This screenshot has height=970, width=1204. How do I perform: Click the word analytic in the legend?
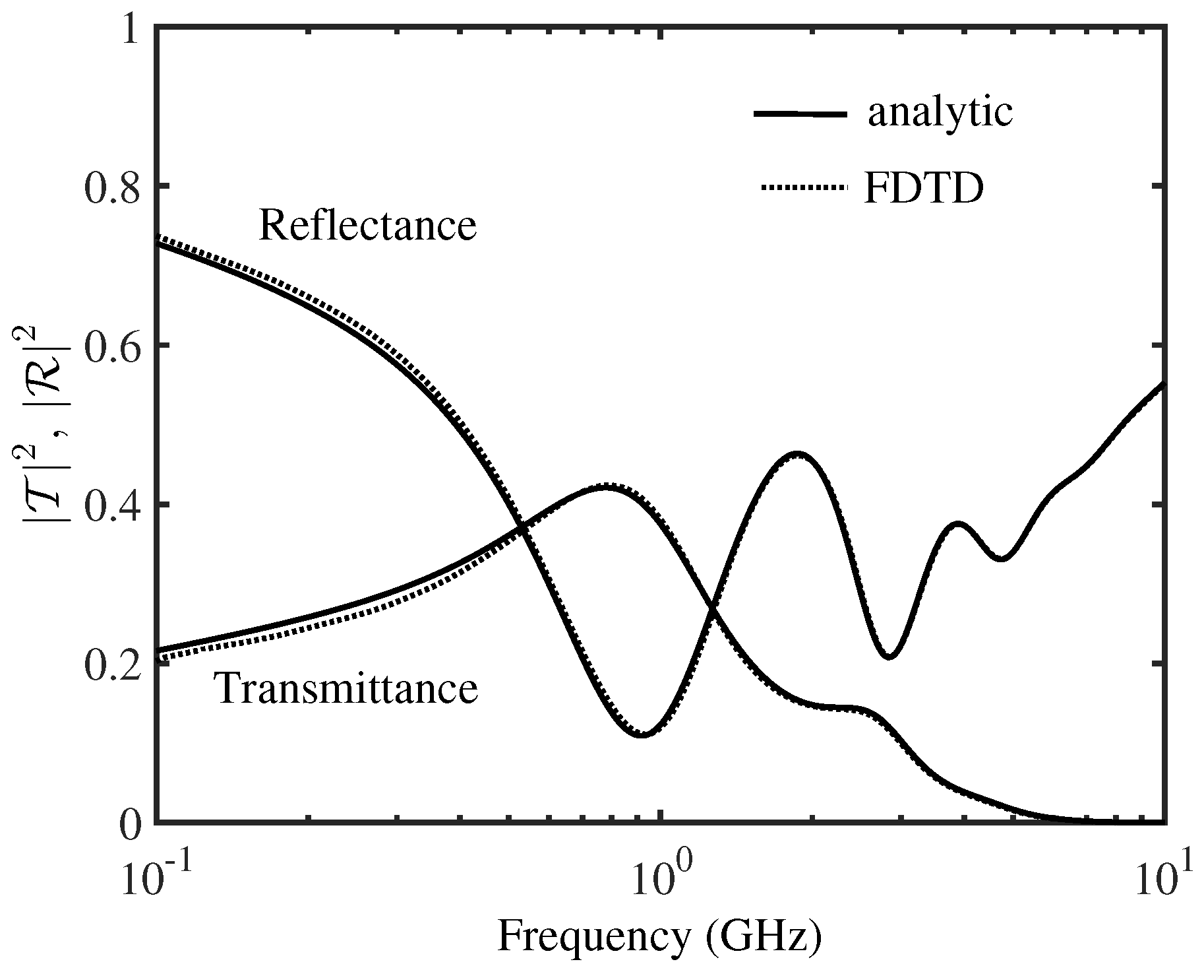(x=939, y=113)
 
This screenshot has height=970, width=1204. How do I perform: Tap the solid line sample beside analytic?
(x=800, y=113)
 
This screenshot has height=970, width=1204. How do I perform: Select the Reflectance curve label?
(x=367, y=226)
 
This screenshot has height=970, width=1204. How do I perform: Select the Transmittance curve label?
(x=347, y=689)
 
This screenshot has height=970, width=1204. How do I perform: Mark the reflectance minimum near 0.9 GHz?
(x=642, y=735)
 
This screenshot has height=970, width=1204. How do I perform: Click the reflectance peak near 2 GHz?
(x=797, y=454)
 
